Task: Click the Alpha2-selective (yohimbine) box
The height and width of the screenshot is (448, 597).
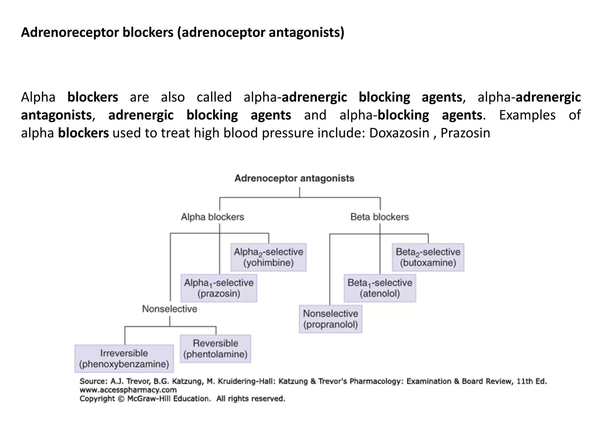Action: pos(268,257)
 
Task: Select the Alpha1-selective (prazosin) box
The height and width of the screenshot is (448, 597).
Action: pos(219,288)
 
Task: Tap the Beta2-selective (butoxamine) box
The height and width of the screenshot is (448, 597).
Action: pos(428,257)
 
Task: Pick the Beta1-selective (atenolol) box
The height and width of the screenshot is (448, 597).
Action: pos(380,288)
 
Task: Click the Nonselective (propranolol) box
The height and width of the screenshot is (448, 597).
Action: pos(330,319)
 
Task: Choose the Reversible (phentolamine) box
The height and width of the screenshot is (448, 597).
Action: pos(215,349)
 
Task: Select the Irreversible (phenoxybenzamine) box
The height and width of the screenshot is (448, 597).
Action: pos(124,359)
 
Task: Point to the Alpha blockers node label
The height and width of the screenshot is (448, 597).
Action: pos(213,217)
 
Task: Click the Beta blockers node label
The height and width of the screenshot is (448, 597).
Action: pos(380,217)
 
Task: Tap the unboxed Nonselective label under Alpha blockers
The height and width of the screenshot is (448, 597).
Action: pos(169,309)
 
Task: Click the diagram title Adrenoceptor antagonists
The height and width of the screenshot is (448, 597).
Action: pos(294,178)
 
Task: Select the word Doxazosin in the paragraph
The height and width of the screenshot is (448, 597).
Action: pos(399,133)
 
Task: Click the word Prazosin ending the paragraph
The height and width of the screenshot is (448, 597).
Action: pos(465,133)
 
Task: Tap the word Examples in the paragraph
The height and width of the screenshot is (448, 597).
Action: pos(527,115)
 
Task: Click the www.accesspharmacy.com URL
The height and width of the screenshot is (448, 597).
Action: pos(128,390)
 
